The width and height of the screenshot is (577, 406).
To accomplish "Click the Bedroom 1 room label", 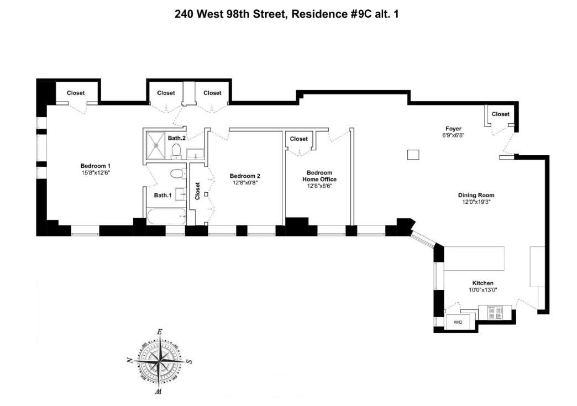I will click(x=96, y=166).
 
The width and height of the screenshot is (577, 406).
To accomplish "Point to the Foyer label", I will click(x=453, y=128).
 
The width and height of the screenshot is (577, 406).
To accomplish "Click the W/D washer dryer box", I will click(x=458, y=321).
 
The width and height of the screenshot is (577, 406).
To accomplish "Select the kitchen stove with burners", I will click(x=495, y=313).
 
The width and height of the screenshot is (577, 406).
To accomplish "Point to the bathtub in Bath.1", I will click(x=165, y=216).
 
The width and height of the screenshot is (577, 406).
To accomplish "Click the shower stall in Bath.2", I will click(x=157, y=145).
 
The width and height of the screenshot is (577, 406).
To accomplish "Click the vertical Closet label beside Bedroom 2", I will click(x=197, y=191).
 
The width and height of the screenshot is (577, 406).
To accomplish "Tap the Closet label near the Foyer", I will click(x=501, y=114).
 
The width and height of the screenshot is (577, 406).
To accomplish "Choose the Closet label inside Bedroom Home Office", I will click(x=298, y=139).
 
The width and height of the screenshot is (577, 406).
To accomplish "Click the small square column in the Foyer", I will click(x=413, y=155).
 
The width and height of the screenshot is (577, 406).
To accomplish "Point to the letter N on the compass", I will click(x=129, y=360).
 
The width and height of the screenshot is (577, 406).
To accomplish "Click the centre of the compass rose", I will click(x=160, y=362).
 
